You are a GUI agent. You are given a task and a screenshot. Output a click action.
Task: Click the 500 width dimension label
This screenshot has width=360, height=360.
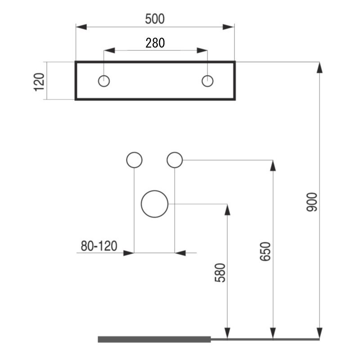[x=155, y=19]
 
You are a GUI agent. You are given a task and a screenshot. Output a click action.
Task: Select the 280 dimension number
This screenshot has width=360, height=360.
[x=155, y=43]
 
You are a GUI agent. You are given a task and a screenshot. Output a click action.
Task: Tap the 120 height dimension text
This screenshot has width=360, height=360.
[x=40, y=81]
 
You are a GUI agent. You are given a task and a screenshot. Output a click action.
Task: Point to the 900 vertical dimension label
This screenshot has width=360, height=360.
[x=312, y=202]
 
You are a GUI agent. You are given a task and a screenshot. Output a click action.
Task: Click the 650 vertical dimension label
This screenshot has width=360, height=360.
[x=265, y=252]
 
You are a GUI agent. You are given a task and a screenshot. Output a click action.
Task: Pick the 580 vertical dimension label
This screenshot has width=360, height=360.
[x=220, y=273]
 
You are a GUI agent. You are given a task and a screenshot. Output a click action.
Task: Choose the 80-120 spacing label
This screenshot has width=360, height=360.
[x=99, y=246]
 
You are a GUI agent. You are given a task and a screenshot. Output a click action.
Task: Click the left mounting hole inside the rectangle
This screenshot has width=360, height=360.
[x=104, y=81]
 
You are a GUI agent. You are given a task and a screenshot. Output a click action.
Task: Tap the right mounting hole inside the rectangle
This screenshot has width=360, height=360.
[x=207, y=81]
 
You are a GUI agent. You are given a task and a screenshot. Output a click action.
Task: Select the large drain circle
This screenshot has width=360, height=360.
[x=154, y=204]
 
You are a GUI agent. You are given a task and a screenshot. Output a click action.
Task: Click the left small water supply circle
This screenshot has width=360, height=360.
[x=134, y=160]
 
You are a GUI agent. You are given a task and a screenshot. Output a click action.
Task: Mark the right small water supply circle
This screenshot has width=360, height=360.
[x=175, y=160]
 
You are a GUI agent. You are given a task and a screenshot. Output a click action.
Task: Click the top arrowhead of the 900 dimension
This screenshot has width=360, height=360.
[x=319, y=67]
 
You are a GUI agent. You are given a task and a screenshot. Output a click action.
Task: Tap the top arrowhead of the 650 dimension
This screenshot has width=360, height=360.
[x=273, y=165]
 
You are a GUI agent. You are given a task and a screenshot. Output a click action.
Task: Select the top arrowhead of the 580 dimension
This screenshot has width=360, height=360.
[x=227, y=209]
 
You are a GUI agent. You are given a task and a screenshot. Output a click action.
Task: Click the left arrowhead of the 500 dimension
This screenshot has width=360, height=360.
[x=81, y=27]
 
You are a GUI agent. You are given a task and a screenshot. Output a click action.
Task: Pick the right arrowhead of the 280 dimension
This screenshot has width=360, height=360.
[x=202, y=50]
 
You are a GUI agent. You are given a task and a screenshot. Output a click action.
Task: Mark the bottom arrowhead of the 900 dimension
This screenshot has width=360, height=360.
[x=319, y=333]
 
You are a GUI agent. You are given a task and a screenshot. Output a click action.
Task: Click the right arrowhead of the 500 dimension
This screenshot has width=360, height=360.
[x=229, y=27]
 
